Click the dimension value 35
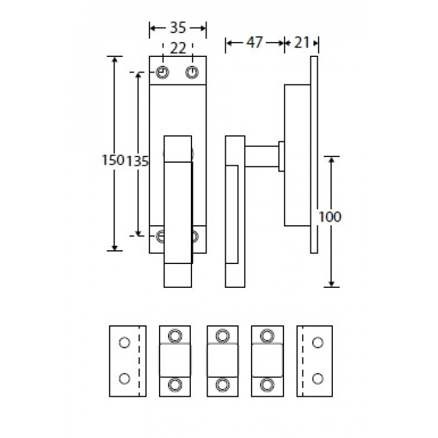coord(178,28)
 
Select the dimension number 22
coord(177,48)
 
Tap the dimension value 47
coord(254,43)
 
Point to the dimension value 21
coord(302,43)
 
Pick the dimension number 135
coord(138,161)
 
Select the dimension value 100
coord(329,217)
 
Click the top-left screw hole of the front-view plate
coord(163,73)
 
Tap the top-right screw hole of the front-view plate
coord(192,73)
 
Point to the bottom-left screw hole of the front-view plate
coord(161,236)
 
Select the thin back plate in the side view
coord(315,154)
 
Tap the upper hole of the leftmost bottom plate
coord(124,342)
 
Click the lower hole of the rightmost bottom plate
coord(318,378)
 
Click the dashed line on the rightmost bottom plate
coord(303,360)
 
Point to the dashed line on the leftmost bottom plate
coord(138,360)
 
